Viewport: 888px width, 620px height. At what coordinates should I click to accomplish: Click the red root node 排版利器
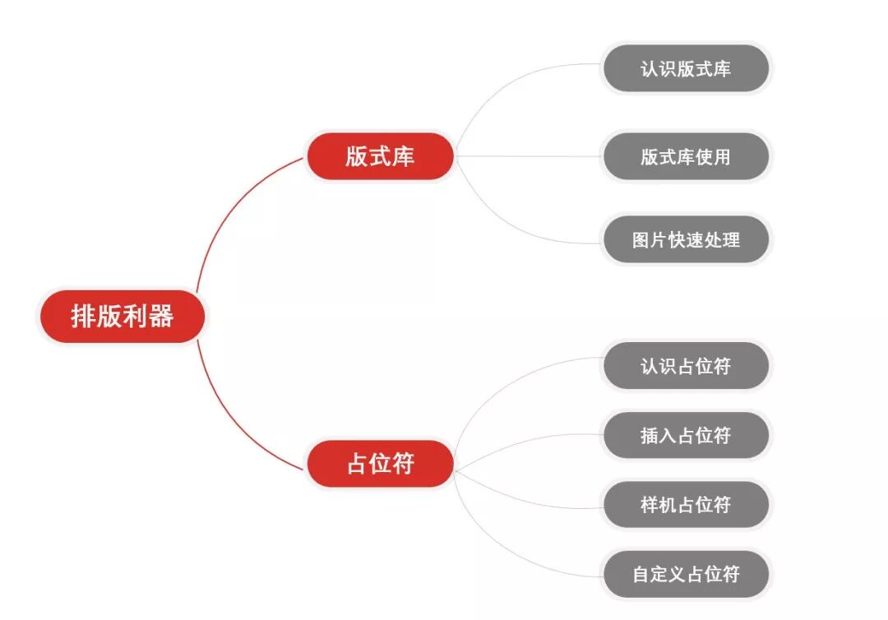click(122, 317)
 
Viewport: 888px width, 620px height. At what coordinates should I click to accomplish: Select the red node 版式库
click(380, 156)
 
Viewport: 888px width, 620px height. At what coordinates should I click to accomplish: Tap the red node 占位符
click(380, 464)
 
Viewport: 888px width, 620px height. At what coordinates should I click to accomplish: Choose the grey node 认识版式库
click(686, 68)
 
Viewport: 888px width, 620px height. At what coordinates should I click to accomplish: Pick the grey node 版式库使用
click(686, 156)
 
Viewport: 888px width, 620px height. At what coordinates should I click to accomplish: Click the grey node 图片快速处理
click(686, 240)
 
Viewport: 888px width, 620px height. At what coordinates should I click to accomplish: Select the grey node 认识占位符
click(686, 366)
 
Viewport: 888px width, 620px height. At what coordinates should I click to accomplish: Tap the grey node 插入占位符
click(686, 436)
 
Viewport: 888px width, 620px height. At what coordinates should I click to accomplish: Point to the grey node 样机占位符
click(686, 505)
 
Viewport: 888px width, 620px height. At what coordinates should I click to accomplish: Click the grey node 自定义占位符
click(686, 574)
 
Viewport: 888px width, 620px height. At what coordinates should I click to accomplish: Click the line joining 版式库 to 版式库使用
click(526, 156)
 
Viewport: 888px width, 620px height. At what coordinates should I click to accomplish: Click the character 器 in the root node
click(161, 317)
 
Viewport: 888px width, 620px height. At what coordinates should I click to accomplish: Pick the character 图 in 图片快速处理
click(642, 240)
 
